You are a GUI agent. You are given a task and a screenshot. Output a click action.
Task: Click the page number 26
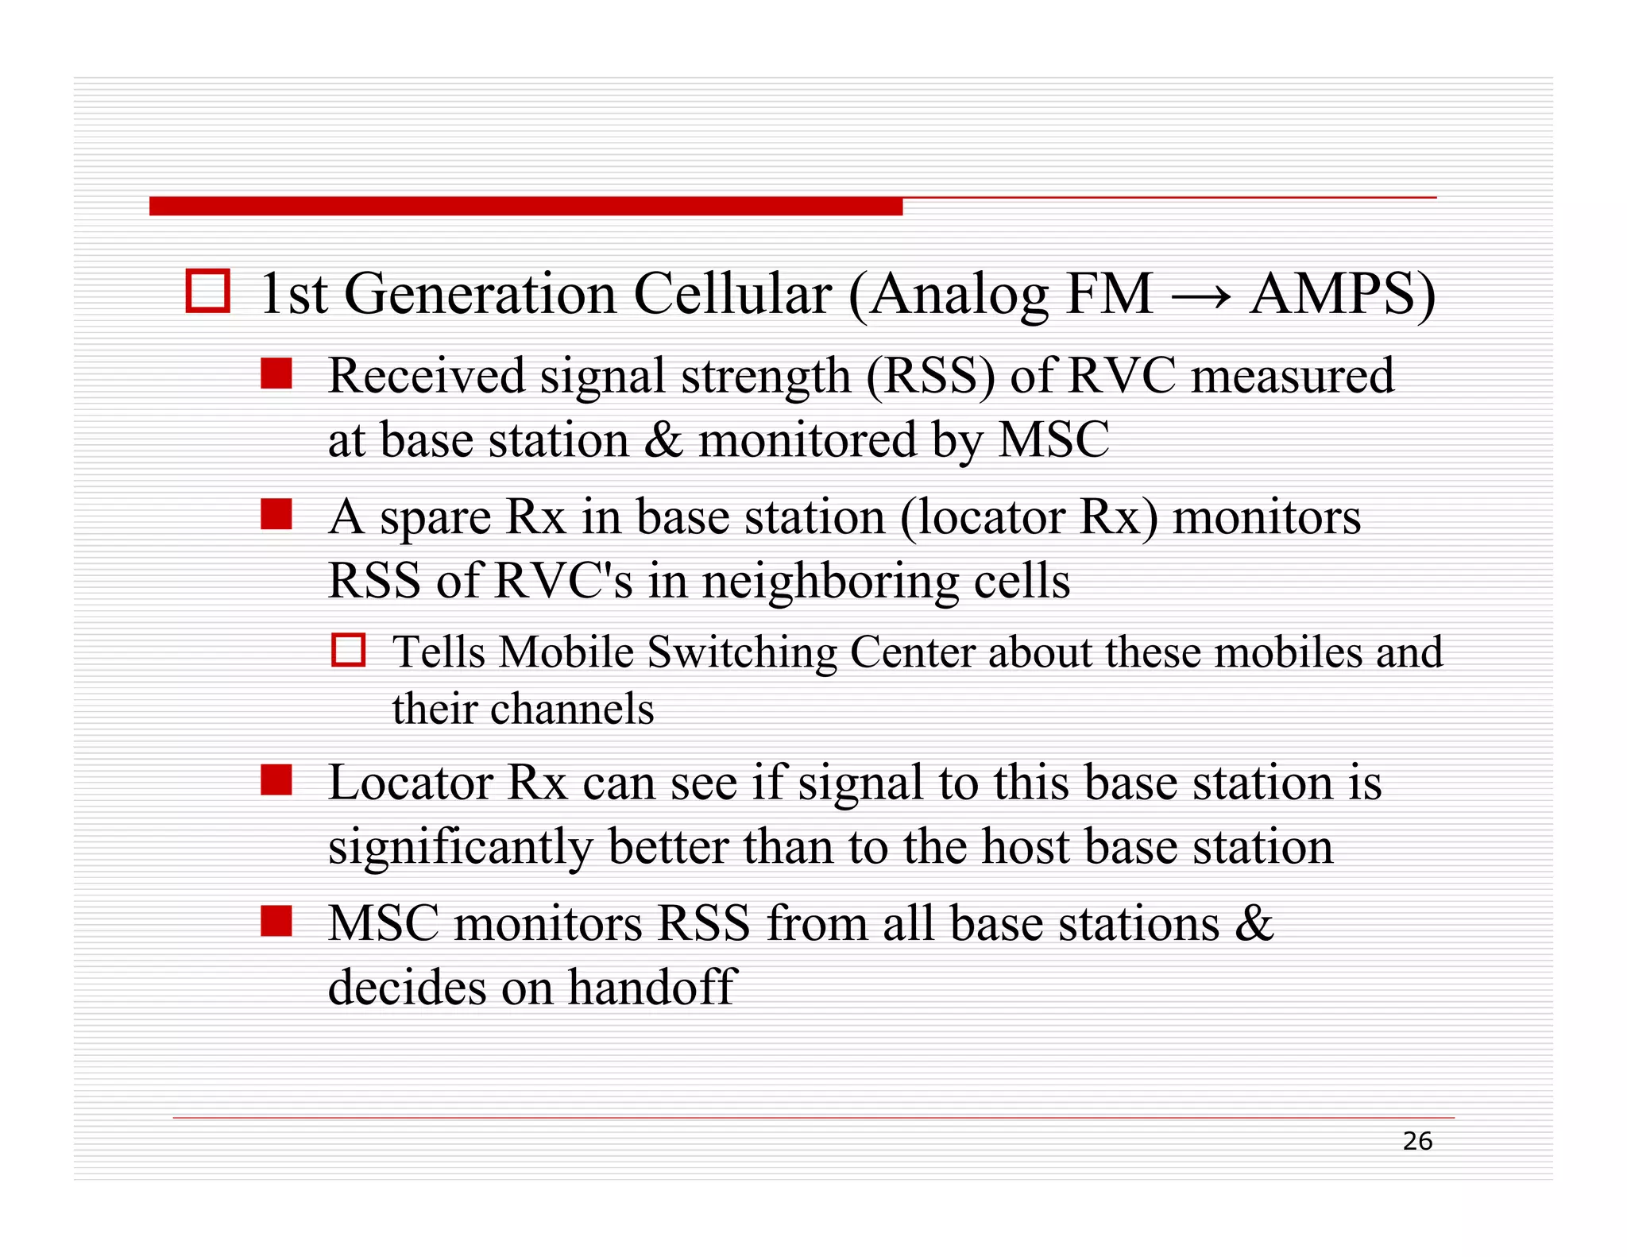click(1416, 1141)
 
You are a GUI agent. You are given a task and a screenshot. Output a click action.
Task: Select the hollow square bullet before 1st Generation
click(208, 291)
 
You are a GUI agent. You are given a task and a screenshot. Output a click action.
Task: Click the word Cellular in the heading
click(732, 294)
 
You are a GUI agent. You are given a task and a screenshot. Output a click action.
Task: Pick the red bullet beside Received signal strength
click(276, 373)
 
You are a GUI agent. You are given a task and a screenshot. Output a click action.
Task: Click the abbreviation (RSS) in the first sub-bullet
click(929, 376)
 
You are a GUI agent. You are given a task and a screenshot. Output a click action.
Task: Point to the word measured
click(1292, 376)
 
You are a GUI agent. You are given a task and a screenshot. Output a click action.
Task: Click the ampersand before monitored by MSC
click(663, 439)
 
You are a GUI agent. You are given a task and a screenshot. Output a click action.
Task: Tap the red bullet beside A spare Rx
click(276, 514)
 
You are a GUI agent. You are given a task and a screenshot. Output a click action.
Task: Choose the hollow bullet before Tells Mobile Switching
click(348, 650)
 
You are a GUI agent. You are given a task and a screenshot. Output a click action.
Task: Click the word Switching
click(742, 653)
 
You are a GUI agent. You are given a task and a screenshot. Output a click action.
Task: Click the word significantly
click(460, 847)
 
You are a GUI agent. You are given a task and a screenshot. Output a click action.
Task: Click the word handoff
click(652, 988)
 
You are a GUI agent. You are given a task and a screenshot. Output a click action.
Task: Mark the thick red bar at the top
click(525, 207)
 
